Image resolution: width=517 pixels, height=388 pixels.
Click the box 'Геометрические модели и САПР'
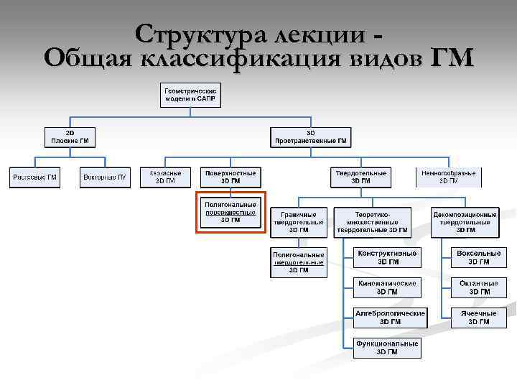190,95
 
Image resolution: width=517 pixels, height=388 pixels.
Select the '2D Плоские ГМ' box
70,137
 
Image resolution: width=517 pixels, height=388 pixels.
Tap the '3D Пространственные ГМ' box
310,137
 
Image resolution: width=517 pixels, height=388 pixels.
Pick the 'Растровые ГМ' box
34,177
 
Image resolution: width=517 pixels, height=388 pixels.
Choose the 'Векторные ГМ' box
105,177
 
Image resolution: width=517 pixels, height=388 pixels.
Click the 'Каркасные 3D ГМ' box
166,177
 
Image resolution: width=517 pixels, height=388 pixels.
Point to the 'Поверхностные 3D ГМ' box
231,177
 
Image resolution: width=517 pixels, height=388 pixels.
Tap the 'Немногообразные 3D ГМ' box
449,177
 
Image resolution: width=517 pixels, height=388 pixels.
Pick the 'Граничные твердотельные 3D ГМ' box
299,222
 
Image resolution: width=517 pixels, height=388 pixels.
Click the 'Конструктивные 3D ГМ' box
388,257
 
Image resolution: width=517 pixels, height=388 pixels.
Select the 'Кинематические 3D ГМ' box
388,287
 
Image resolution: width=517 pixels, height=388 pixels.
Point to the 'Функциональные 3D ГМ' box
388,348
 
